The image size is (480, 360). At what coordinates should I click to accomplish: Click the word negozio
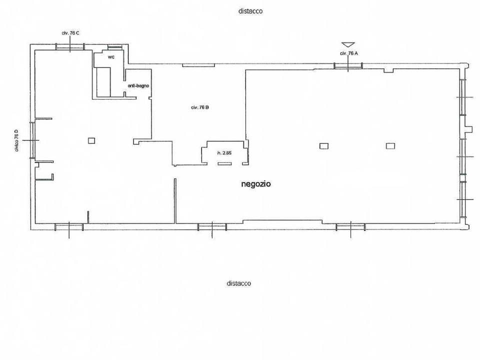click(x=256, y=184)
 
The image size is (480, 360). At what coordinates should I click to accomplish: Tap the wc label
click(x=111, y=57)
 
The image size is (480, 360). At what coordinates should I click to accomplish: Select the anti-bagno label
click(x=138, y=86)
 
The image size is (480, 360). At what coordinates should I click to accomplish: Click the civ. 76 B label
click(x=200, y=107)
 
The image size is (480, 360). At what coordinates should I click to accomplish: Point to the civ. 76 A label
click(x=348, y=53)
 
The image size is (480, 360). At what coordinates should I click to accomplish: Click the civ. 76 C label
click(x=70, y=33)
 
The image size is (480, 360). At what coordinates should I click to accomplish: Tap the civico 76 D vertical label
click(x=17, y=140)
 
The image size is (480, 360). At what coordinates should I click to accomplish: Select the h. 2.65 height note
click(x=224, y=153)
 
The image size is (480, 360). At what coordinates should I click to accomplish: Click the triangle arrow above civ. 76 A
click(x=348, y=44)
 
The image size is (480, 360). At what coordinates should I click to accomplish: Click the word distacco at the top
click(x=250, y=11)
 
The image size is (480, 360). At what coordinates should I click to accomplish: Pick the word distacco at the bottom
click(x=239, y=283)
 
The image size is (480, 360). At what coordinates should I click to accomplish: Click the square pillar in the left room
click(x=91, y=140)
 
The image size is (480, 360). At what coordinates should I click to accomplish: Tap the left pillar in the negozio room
click(x=324, y=146)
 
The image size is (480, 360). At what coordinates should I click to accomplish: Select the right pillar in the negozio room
click(x=390, y=146)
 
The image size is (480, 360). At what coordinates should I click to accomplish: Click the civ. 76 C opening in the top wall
click(x=70, y=47)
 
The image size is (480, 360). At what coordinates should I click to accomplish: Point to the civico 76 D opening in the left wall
click(x=32, y=140)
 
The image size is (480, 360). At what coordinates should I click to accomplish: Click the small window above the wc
click(x=115, y=47)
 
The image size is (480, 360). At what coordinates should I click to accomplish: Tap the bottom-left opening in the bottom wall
click(x=69, y=227)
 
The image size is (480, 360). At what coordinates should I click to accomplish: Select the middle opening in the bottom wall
click(x=212, y=227)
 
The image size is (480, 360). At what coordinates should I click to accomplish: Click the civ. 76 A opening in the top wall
click(x=348, y=66)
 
